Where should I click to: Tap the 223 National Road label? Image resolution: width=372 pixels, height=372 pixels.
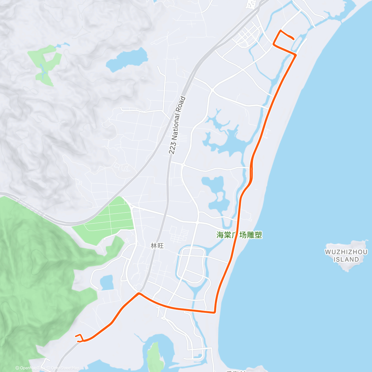178,126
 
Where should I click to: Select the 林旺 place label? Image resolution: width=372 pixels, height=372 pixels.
157,246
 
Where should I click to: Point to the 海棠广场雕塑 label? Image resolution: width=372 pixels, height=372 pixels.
239,235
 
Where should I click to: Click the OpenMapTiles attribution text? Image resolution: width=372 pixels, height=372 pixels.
30,368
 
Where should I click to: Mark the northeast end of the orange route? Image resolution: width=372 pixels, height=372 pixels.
294,38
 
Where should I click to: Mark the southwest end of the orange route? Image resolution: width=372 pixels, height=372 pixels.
76,336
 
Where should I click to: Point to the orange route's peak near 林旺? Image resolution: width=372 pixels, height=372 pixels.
139,293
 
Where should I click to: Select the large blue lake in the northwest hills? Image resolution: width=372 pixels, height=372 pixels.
127,60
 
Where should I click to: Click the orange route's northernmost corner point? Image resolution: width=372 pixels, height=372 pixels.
281,30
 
